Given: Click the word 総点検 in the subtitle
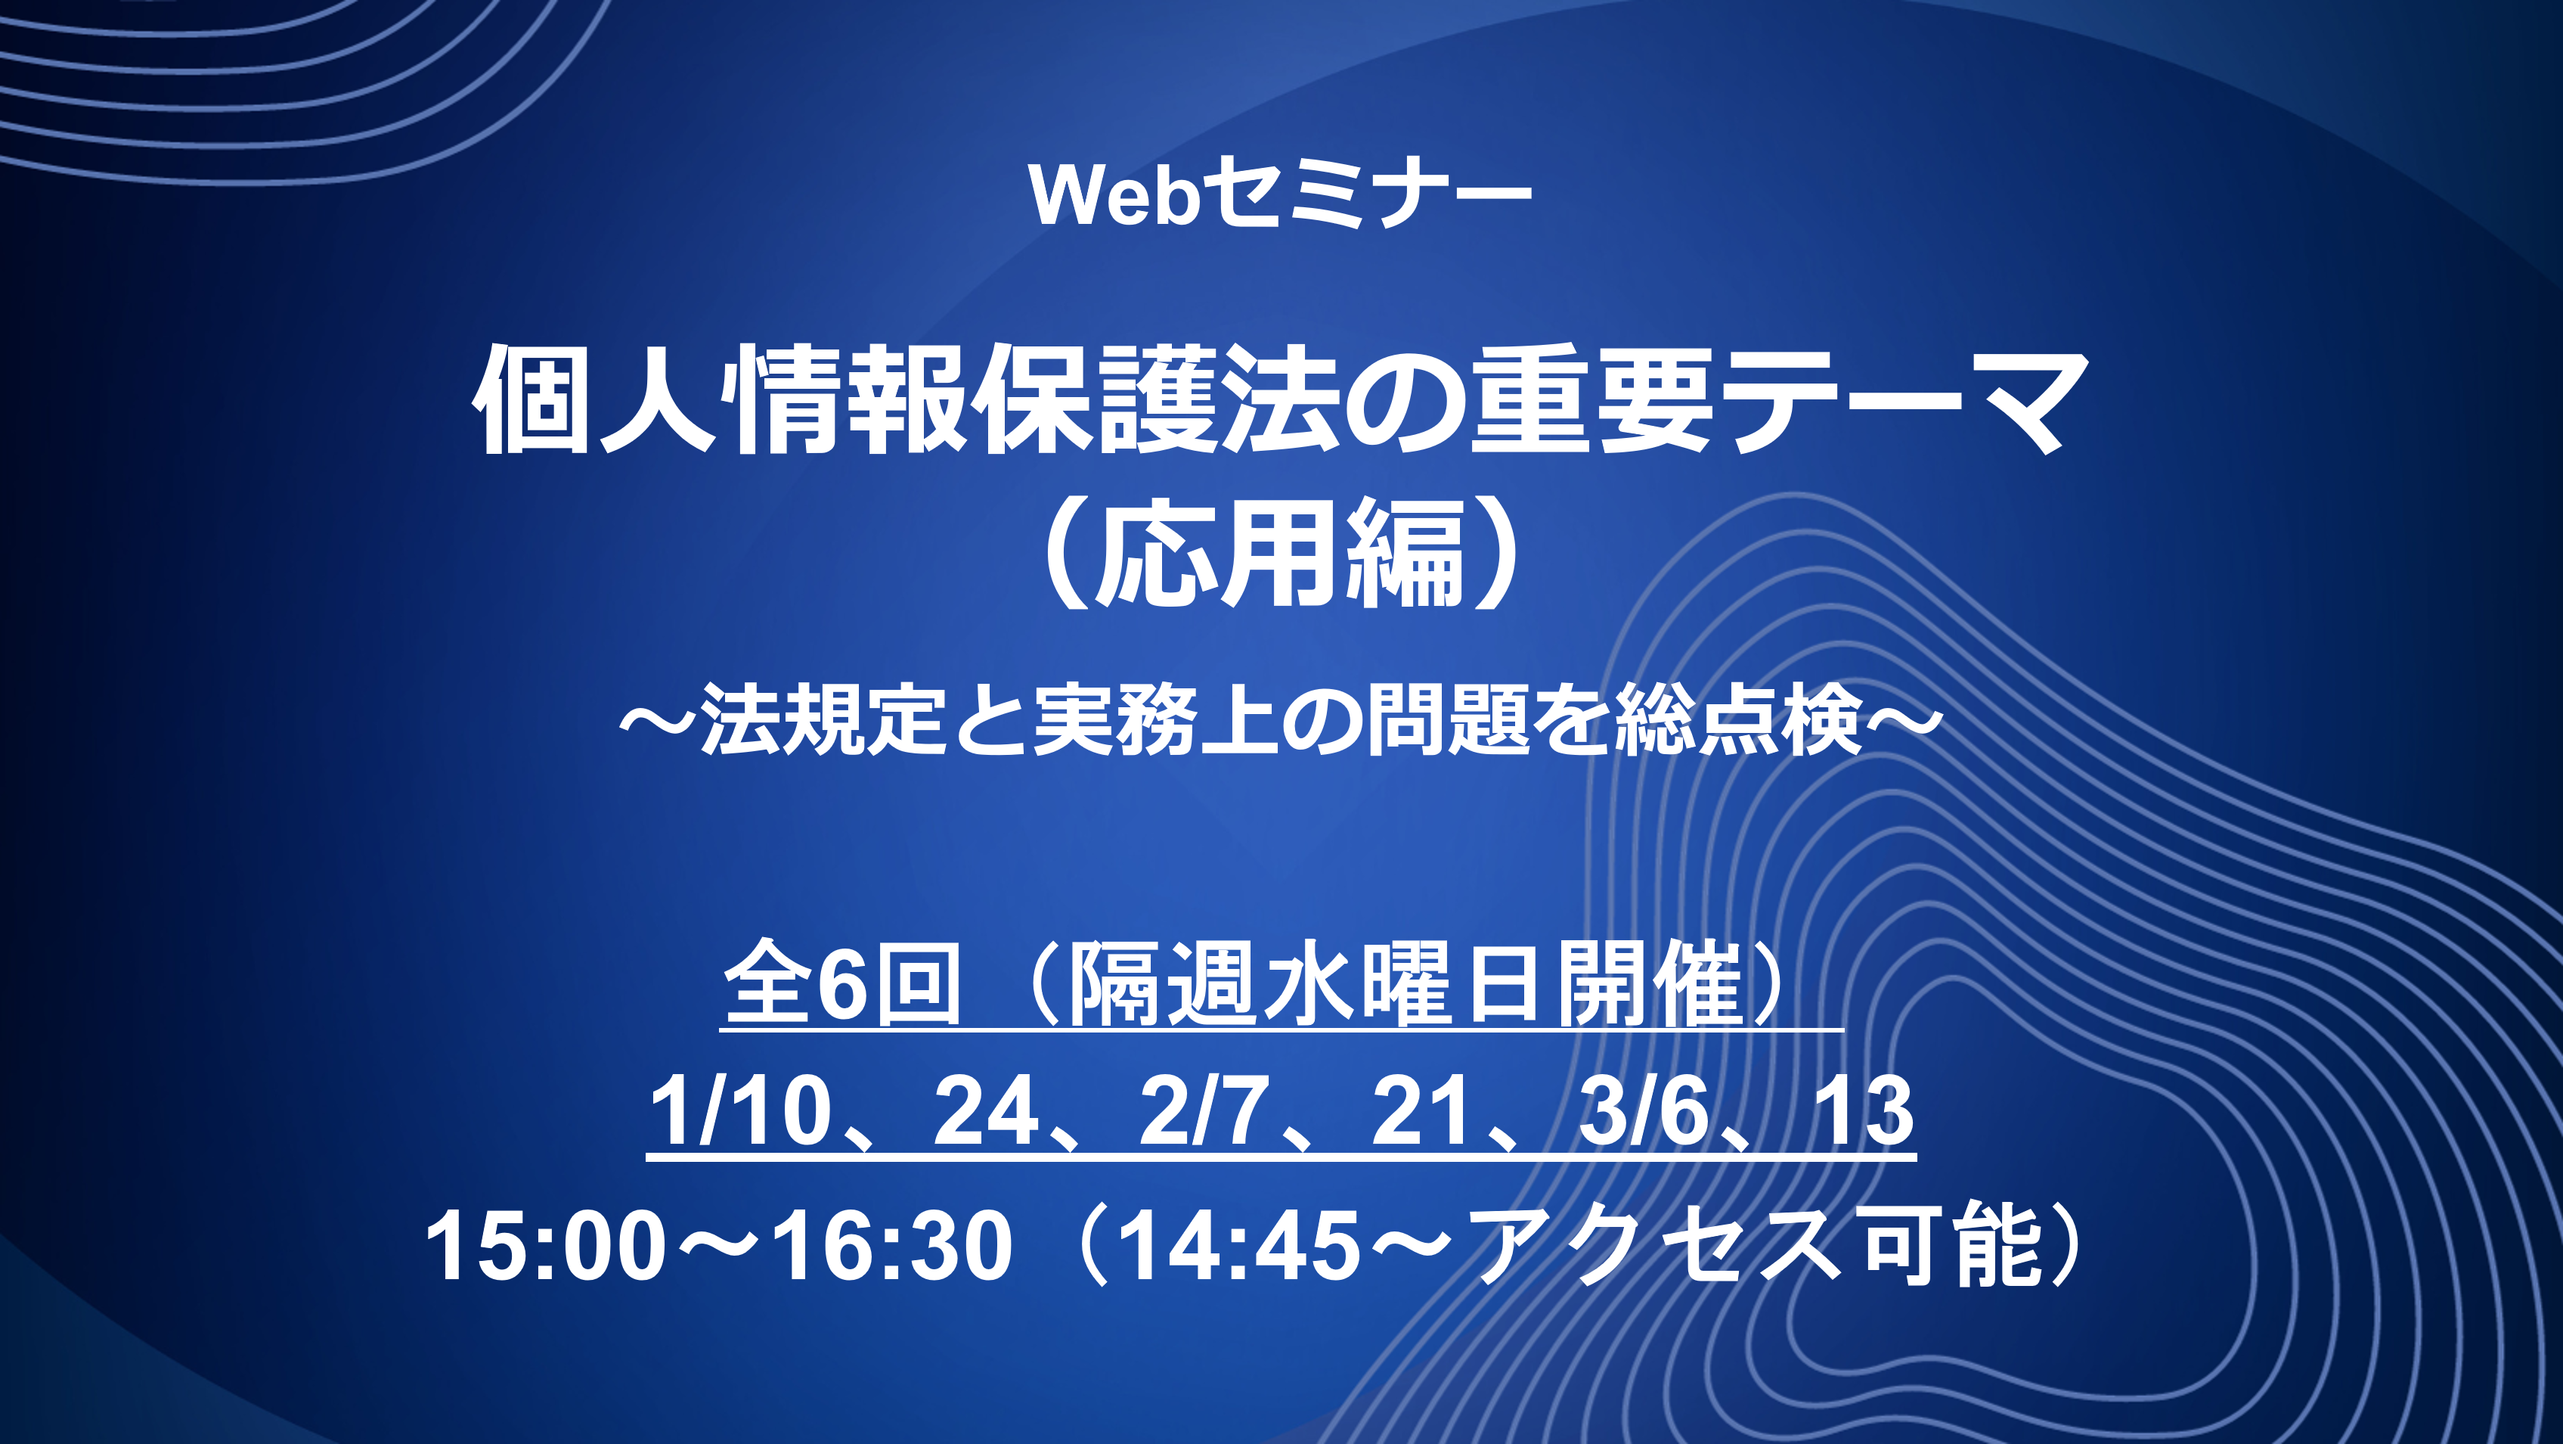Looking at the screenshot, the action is [1738, 719].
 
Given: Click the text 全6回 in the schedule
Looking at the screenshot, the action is [841, 983].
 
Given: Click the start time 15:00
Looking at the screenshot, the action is [545, 1245].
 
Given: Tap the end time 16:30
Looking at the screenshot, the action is [892, 1245].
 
